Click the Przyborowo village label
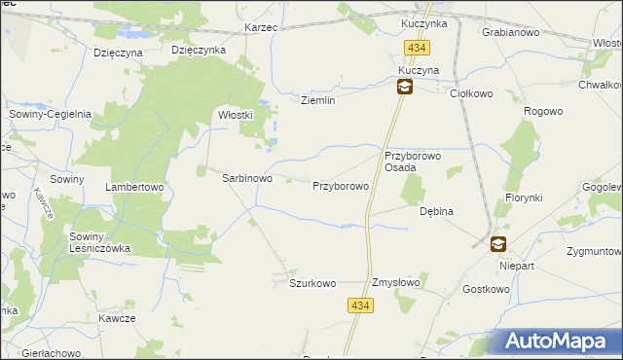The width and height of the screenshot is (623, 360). coord(340,185)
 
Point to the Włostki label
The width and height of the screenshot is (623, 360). coord(235,114)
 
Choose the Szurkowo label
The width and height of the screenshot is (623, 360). coord(312,283)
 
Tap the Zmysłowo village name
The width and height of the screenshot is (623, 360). coord(395,283)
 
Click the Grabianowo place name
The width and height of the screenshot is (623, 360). coord(511,31)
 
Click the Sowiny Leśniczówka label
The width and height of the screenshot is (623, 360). coord(99,241)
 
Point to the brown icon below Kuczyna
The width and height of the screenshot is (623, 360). coord(403,88)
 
